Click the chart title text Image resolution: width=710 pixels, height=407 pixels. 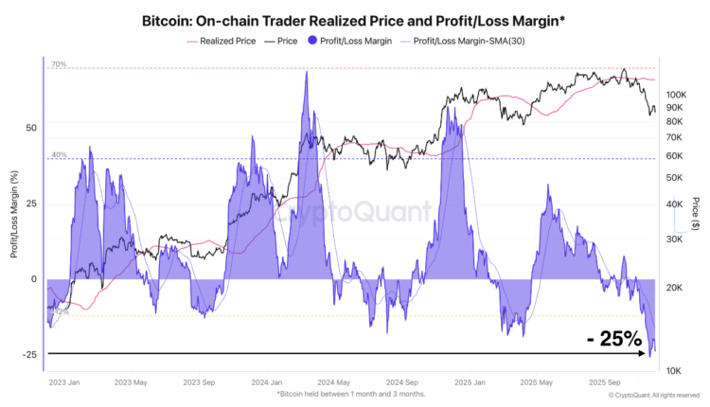tap(354, 19)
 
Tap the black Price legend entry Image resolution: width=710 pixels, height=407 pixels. tap(288, 42)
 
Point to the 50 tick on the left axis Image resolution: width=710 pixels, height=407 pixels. tap(31, 128)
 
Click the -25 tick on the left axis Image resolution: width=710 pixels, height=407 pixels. tap(29, 355)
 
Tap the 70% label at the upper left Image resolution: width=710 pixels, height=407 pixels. tap(59, 64)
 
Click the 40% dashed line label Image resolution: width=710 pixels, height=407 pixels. tap(59, 155)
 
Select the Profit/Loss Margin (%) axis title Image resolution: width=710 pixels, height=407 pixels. tap(14, 213)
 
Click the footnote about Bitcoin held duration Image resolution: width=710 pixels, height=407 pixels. tap(351, 394)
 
